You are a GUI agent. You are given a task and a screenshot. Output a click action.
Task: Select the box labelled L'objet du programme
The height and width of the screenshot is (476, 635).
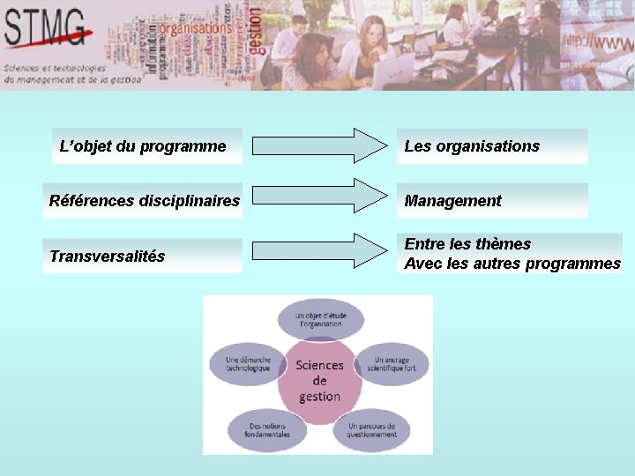point(143,146)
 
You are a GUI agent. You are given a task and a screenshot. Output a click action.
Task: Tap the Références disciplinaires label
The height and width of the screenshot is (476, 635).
point(144,201)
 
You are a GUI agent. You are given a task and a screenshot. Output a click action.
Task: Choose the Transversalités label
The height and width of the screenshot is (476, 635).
point(108,257)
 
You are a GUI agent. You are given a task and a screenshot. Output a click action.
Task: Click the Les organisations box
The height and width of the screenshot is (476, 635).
point(491,146)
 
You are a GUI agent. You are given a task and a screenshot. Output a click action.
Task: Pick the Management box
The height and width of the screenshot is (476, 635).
point(491,201)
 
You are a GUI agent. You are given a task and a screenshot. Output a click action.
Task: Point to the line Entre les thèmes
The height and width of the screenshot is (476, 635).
point(467,244)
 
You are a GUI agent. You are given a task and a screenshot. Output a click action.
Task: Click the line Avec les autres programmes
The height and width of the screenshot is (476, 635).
point(512,264)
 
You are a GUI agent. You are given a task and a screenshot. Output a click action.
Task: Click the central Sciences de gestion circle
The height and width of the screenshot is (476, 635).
point(319,380)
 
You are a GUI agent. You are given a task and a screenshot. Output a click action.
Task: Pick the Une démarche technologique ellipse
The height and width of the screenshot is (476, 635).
point(247,363)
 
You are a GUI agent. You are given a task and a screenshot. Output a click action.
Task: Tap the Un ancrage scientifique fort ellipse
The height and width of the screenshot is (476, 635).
point(391,363)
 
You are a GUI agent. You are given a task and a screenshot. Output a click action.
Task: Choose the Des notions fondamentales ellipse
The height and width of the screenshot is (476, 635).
point(268,430)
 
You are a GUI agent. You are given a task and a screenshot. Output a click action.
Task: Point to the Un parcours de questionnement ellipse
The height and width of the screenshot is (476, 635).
point(371,430)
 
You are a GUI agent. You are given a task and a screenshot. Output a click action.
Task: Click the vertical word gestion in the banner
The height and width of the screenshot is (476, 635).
point(256,32)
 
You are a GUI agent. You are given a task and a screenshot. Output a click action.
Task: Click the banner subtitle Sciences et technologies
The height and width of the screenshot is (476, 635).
point(55,67)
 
